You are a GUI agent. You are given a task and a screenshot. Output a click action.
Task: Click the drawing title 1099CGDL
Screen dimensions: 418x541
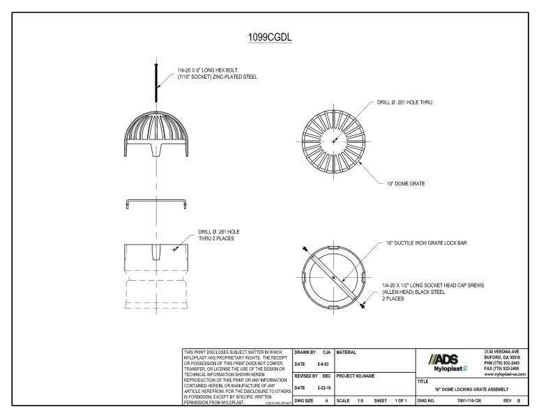point(270,37)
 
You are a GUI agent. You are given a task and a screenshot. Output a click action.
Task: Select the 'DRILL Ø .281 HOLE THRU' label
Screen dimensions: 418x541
point(405,102)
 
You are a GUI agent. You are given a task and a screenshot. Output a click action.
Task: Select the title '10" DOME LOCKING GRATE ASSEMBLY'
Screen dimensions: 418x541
point(471,389)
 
